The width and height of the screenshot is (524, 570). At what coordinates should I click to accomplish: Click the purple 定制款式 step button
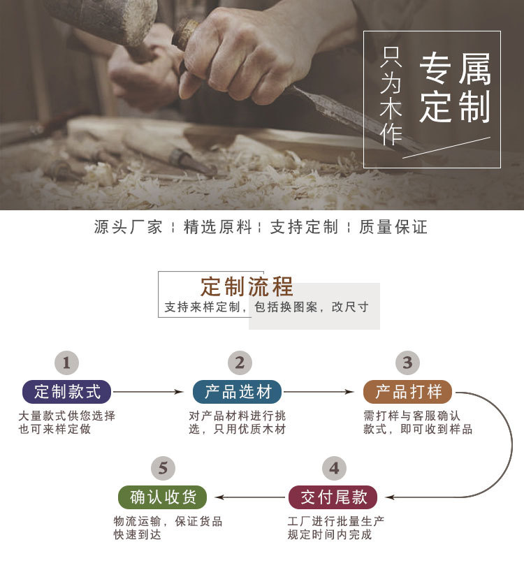tap(67, 392)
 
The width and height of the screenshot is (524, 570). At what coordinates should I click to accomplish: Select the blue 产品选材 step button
tap(238, 392)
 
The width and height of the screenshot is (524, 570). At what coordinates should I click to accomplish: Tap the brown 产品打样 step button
tap(408, 392)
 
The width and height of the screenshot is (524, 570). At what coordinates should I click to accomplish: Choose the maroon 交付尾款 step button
tap(333, 497)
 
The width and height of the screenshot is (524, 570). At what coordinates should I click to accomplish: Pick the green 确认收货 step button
tap(163, 497)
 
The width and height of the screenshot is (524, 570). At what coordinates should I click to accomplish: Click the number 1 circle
tap(67, 363)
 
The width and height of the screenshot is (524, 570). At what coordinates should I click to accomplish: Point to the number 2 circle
tap(240, 363)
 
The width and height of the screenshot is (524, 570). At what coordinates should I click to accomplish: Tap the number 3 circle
tap(407, 363)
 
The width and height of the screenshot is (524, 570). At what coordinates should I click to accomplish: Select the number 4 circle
tap(334, 468)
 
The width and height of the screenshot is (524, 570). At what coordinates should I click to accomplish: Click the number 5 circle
tap(163, 468)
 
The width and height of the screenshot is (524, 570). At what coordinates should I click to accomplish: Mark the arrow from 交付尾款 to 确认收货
tap(249, 497)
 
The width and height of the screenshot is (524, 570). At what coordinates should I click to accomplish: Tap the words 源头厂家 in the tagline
tap(128, 227)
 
